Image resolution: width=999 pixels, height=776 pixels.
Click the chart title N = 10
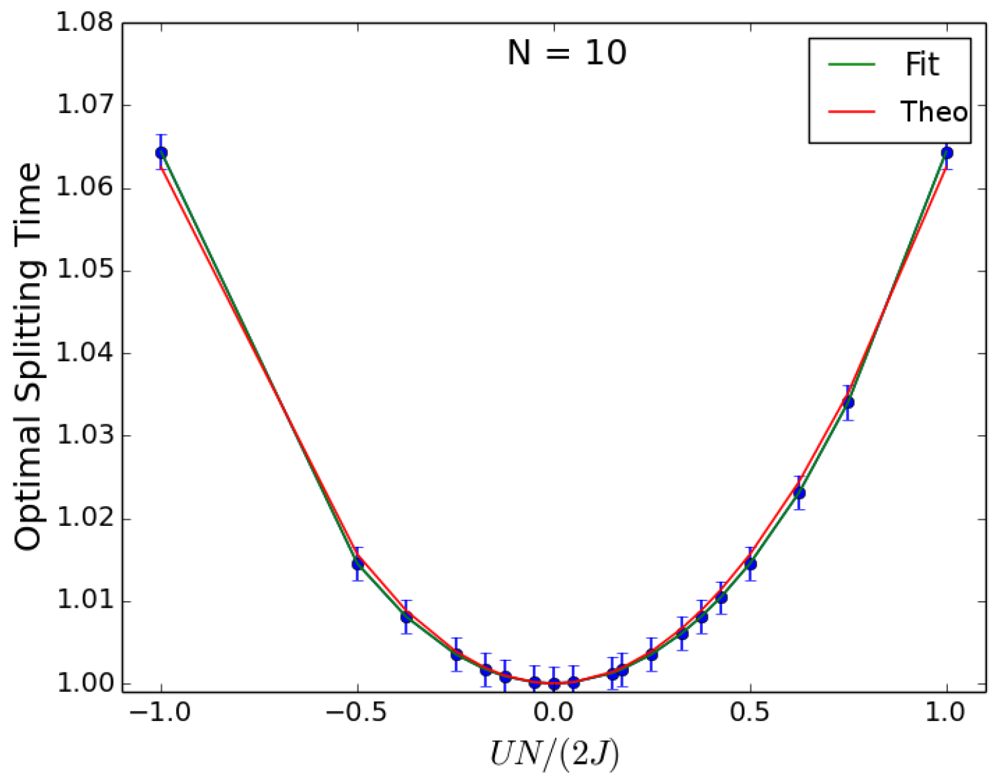(566, 52)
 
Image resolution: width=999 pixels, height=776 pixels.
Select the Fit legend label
(922, 65)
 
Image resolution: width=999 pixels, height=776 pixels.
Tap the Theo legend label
(934, 112)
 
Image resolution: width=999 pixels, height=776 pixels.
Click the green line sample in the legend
(852, 65)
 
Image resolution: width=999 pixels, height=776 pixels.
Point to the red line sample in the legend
(852, 112)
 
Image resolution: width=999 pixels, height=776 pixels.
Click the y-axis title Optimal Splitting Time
(28, 356)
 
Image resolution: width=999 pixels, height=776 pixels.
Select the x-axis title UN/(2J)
(554, 753)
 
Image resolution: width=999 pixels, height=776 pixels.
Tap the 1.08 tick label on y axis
(85, 23)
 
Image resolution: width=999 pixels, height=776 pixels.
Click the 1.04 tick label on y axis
(85, 353)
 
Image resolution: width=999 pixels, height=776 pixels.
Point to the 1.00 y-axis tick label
(85, 683)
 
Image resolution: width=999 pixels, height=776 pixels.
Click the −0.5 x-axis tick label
(357, 712)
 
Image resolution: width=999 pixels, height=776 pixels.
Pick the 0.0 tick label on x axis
(554, 712)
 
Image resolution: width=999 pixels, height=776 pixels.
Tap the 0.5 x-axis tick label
(750, 712)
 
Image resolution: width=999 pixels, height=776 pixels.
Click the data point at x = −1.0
(161, 153)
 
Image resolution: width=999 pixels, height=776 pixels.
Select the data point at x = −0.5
(358, 564)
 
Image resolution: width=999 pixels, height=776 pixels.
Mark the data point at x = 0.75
(848, 402)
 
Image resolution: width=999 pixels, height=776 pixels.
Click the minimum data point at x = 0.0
(554, 683)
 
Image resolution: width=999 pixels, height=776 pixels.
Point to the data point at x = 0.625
(799, 493)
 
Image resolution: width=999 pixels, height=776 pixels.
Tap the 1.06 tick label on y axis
(85, 188)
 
